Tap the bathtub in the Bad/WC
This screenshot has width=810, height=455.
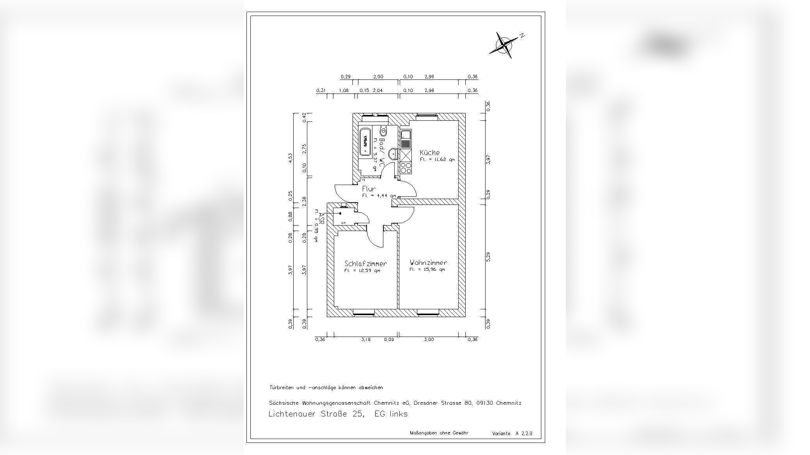click(365, 142)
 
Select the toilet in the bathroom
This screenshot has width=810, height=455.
click(383, 131)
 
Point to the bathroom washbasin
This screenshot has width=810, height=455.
click(394, 153)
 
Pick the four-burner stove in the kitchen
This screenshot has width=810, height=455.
click(406, 168)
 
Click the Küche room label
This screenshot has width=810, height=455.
click(429, 153)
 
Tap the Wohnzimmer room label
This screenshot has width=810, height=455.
click(428, 263)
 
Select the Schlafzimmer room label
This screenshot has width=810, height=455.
click(365, 263)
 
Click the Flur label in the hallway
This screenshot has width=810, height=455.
click(369, 189)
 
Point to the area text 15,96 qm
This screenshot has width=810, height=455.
click(427, 270)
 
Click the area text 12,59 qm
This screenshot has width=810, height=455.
click(362, 270)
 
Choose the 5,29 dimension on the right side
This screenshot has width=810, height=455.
click(488, 257)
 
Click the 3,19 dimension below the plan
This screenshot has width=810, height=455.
click(365, 339)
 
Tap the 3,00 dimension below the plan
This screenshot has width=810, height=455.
click(428, 339)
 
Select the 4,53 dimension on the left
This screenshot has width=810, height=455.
click(290, 158)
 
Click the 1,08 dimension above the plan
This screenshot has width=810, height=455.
click(344, 90)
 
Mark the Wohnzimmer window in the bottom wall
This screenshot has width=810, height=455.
click(428, 312)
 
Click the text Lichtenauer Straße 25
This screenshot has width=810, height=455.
click(316, 414)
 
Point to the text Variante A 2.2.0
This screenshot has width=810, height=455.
click(512, 433)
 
